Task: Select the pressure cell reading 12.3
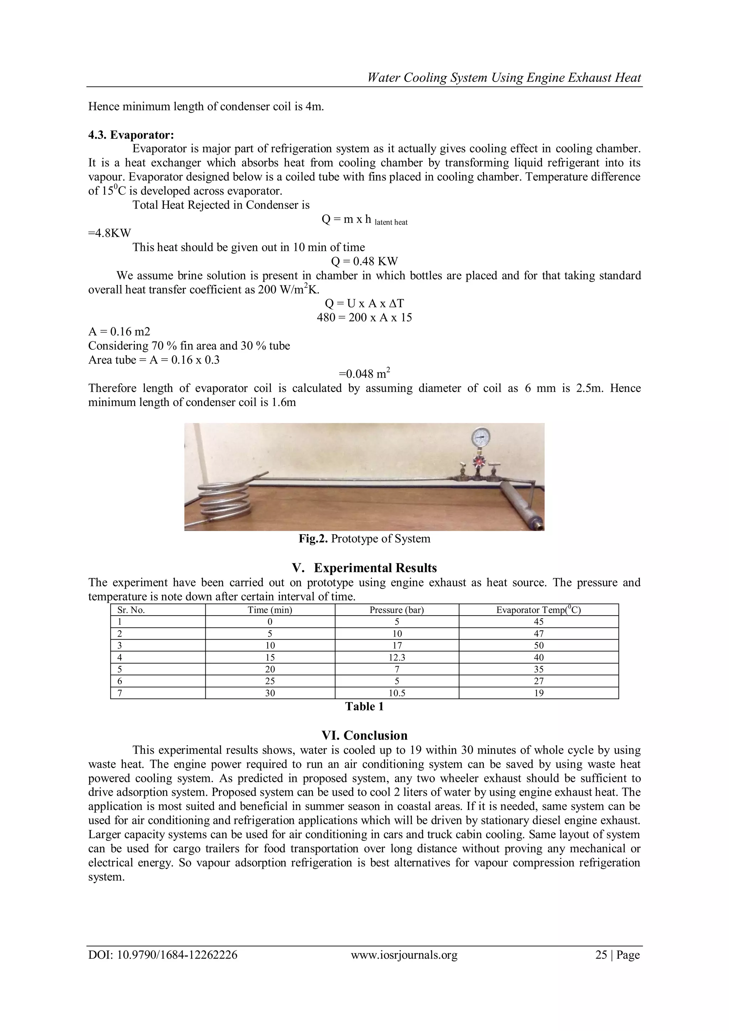[x=397, y=657]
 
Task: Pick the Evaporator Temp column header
[x=538, y=610]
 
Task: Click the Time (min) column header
[x=269, y=610]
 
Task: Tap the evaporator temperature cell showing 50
[x=538, y=645]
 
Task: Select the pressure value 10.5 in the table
[x=397, y=693]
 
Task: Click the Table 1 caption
[x=364, y=706]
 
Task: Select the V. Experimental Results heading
[x=364, y=568]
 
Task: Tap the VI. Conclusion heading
[x=364, y=736]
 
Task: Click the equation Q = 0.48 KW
[x=364, y=261]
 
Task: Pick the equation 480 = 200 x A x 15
[x=364, y=317]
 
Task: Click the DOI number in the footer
[x=163, y=955]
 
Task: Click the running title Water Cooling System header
[x=504, y=78]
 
